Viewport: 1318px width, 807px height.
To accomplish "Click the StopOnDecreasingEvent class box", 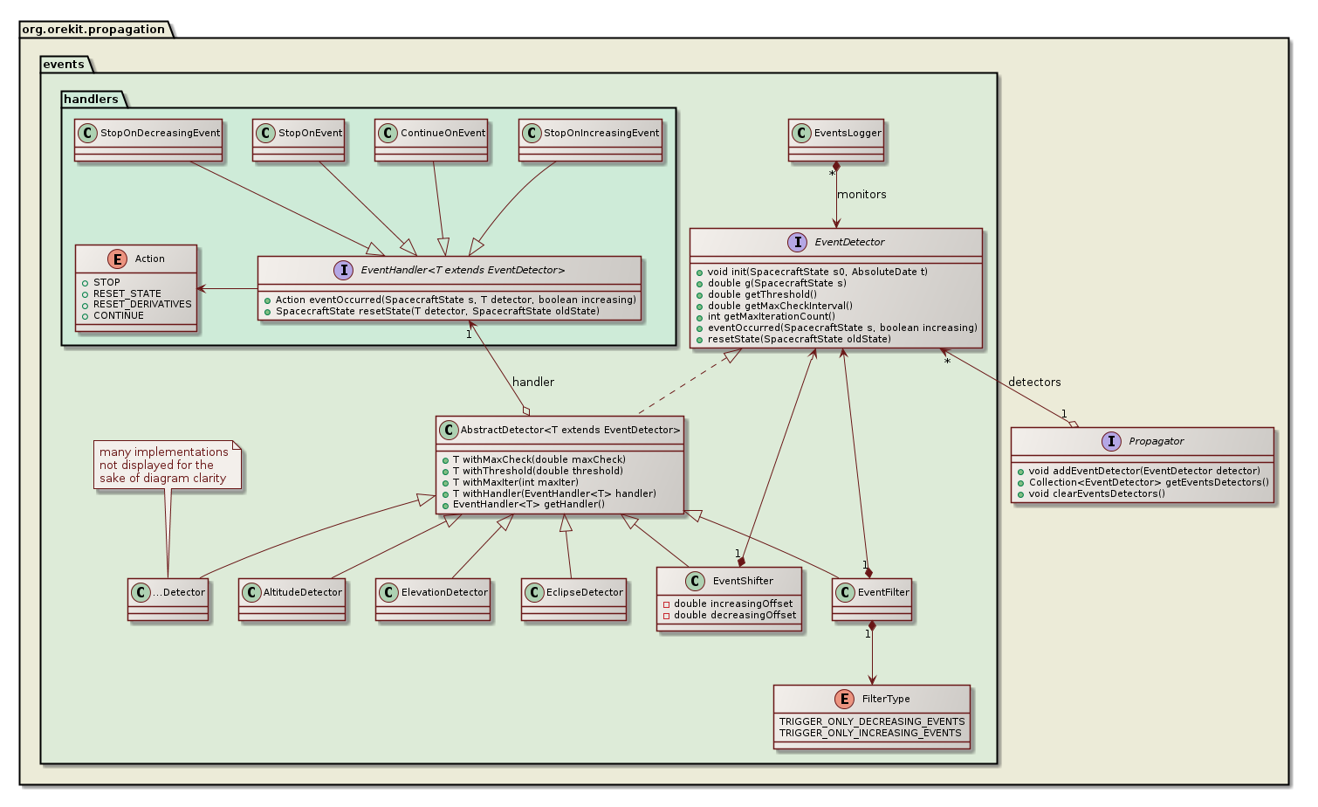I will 148,140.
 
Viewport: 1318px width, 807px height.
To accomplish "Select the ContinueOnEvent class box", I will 431,140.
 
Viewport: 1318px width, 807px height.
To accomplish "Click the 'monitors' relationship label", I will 862,195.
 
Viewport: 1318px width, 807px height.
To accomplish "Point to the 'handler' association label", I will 533,382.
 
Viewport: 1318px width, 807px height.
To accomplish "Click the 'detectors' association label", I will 1034,382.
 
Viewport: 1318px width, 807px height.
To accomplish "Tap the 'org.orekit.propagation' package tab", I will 93,29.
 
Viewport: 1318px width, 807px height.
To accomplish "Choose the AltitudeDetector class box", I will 292,599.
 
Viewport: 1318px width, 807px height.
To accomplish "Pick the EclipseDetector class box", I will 573,599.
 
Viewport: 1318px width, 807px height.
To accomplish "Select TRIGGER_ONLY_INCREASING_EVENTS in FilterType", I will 870,733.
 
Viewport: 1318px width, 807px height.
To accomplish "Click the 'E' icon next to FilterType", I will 844,699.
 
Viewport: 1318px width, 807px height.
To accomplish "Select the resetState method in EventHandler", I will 437,311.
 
